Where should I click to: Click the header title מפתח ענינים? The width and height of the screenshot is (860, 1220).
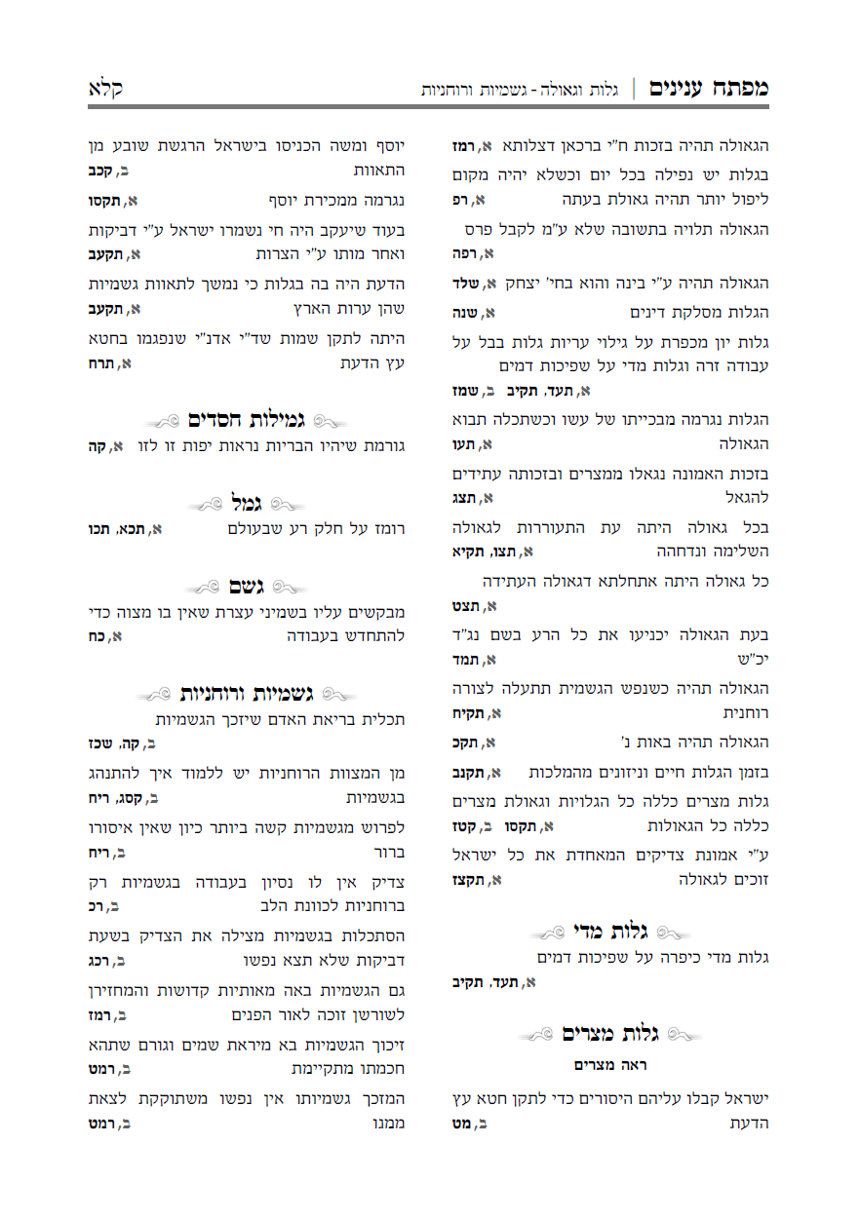click(x=710, y=88)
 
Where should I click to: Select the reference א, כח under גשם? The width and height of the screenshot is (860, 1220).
click(x=105, y=637)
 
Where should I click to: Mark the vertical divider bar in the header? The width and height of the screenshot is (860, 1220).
click(x=634, y=89)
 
